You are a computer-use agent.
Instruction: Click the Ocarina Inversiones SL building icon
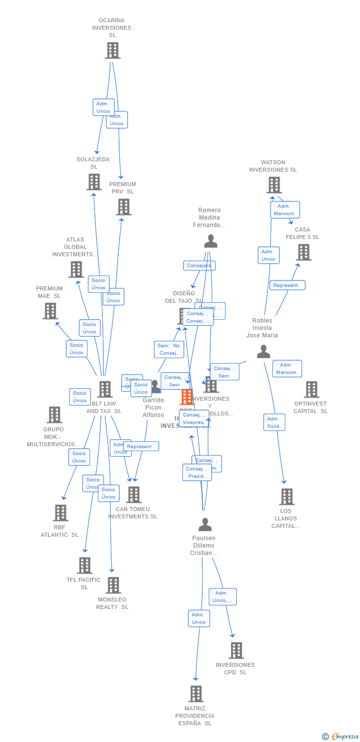(x=112, y=50)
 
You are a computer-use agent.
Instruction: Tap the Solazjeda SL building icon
(x=94, y=182)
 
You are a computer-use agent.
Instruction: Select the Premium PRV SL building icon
(x=123, y=207)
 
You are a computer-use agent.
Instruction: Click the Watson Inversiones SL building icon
(x=273, y=185)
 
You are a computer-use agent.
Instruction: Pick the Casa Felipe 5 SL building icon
(x=303, y=252)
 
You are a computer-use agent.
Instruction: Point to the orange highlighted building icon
(x=186, y=397)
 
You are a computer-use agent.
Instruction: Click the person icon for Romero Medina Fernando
(x=211, y=241)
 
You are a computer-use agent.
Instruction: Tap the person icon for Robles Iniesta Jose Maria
(x=264, y=351)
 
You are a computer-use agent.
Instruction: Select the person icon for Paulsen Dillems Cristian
(x=205, y=524)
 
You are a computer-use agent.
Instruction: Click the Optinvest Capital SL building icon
(x=311, y=389)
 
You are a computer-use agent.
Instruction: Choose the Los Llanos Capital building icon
(x=286, y=497)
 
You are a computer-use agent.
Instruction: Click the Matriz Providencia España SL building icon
(x=196, y=694)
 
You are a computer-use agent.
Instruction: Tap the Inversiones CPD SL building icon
(x=236, y=650)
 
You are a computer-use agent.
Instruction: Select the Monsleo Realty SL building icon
(x=113, y=585)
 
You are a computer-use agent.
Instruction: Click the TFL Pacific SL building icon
(x=85, y=565)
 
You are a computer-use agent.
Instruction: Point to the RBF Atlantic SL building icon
(x=60, y=512)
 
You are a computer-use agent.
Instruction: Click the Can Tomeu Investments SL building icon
(x=134, y=494)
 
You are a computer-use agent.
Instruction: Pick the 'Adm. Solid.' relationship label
(x=274, y=422)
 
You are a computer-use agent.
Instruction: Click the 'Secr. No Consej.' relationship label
(x=169, y=349)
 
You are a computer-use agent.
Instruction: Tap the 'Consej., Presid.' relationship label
(x=197, y=472)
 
